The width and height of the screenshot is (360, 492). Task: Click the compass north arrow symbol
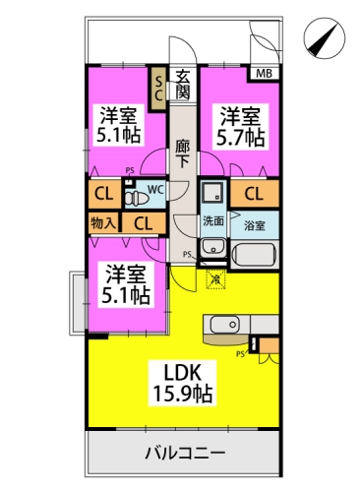coord(325,38)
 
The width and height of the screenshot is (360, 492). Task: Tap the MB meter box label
coord(264,74)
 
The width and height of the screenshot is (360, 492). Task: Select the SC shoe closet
coord(158,89)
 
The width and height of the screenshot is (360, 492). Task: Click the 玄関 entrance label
coord(182,86)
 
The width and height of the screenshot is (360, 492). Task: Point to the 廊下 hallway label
coord(182,154)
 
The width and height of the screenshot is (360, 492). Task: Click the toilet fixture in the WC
coord(136,198)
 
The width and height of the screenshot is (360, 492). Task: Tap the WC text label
coord(155,190)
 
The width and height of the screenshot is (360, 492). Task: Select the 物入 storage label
coord(103,223)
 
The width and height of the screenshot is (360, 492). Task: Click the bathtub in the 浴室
coord(254,255)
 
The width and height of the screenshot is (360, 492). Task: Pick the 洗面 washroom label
coord(213,221)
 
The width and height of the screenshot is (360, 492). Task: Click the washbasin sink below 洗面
coord(213,248)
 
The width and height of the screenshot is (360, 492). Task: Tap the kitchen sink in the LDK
coord(225,325)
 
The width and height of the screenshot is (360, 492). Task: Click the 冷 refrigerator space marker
coord(215,279)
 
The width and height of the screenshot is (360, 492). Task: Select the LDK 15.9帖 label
coord(183,383)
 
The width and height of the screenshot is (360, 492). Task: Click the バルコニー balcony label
coord(185,454)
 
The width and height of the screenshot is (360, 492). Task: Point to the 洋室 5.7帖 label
coord(241,127)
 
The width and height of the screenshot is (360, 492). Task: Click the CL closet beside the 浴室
coord(254,194)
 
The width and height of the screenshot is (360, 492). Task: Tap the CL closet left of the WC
coord(104,194)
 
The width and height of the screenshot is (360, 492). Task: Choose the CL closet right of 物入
coord(144,223)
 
